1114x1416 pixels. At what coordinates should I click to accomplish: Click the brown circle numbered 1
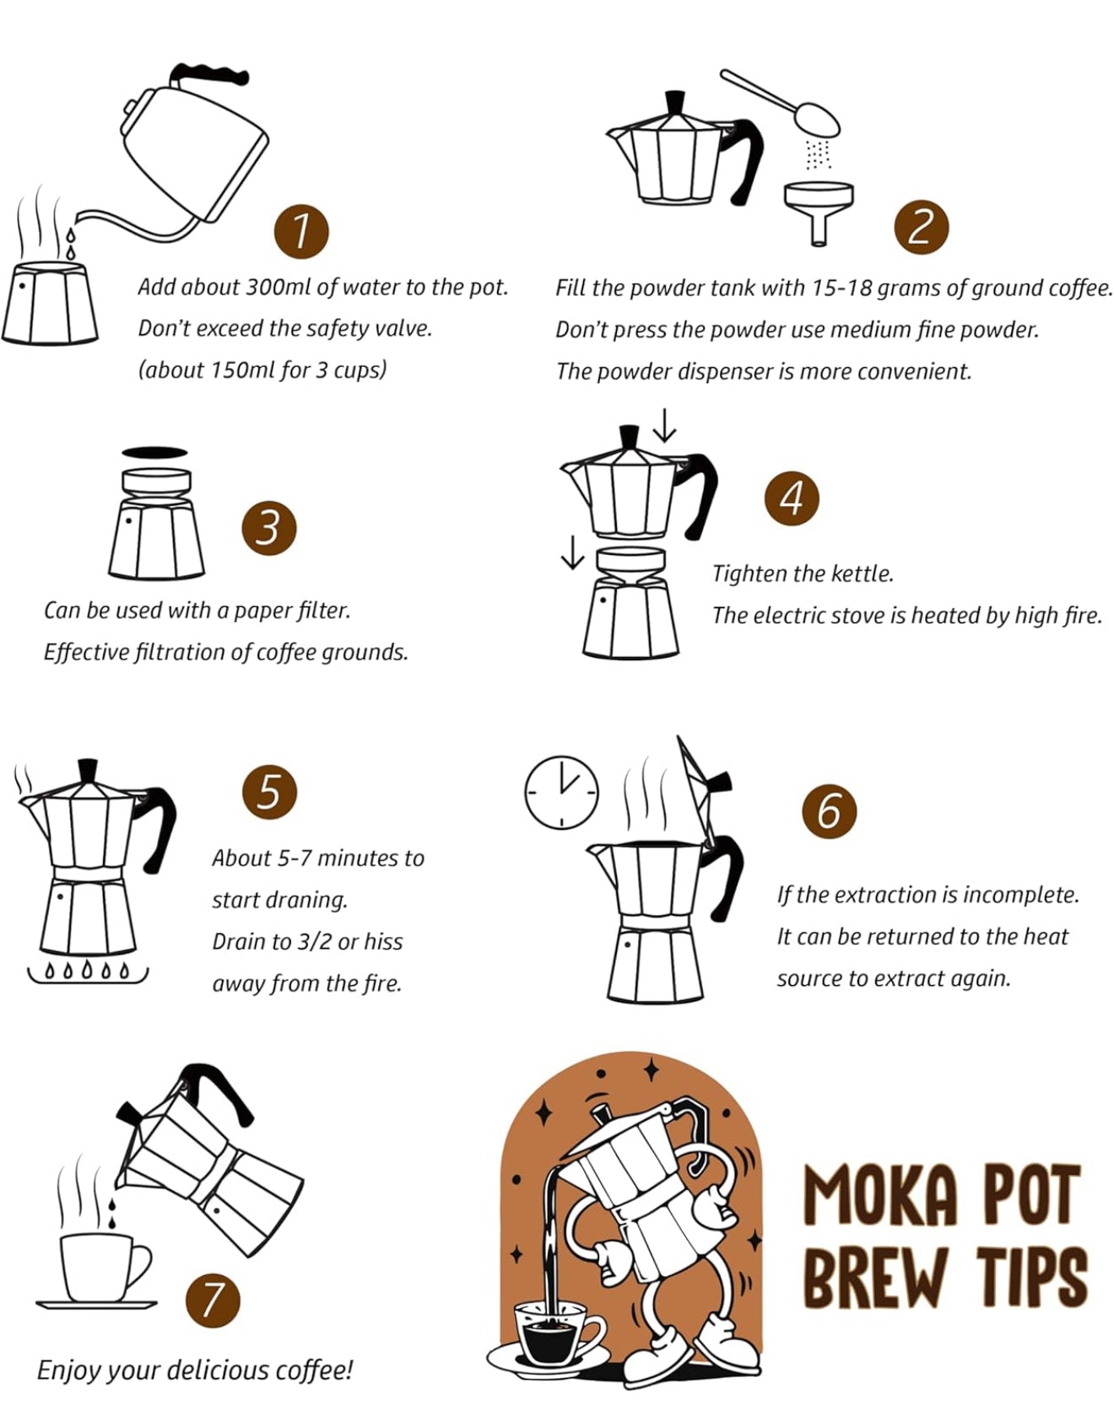click(300, 230)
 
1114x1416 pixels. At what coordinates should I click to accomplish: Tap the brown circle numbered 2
click(921, 228)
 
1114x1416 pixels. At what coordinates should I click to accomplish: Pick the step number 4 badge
click(792, 498)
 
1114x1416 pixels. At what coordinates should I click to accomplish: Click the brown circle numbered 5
click(268, 792)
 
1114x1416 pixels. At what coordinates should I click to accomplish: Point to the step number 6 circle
click(828, 810)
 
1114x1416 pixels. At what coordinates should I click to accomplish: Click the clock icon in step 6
click(561, 791)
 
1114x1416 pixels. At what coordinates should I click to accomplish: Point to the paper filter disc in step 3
click(154, 452)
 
